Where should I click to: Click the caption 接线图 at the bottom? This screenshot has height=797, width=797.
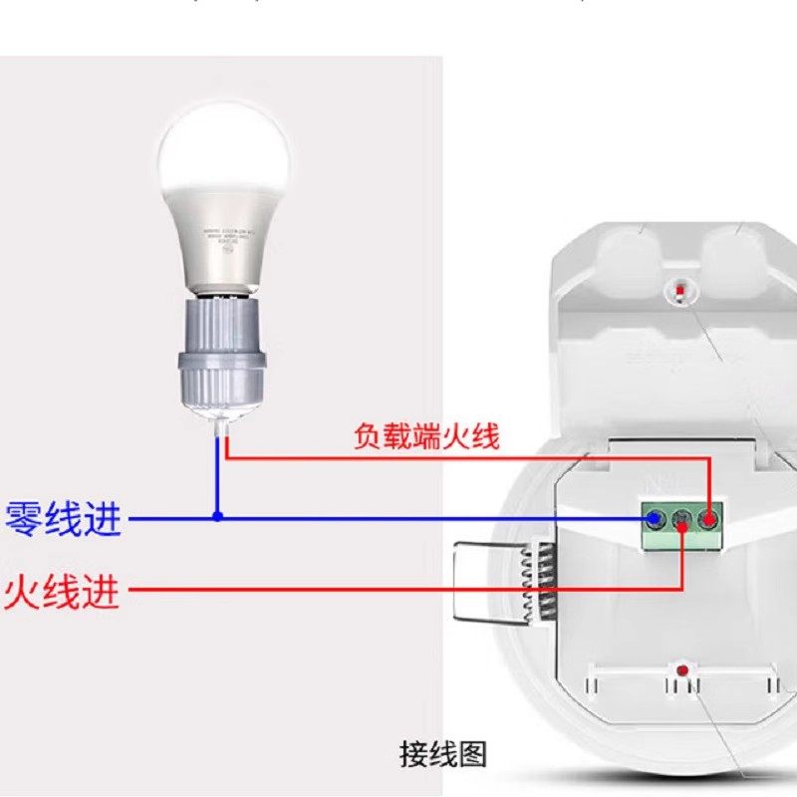pos(443,754)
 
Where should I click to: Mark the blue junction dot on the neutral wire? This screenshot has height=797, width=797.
pos(217,517)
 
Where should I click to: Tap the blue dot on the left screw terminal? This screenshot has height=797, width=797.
pos(656,519)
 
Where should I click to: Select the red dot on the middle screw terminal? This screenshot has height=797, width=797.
pos(681,520)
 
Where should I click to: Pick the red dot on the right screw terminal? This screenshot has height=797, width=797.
pos(708,519)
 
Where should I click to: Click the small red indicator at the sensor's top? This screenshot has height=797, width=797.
pos(678,290)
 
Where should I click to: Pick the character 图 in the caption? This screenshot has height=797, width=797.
pos(472,754)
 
